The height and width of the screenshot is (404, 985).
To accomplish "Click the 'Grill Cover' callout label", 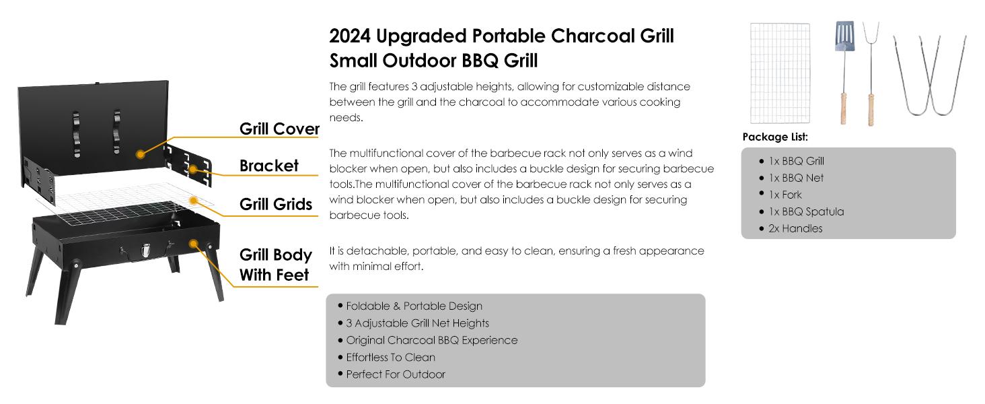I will [279, 129].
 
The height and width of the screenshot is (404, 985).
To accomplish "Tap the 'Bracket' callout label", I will [268, 166].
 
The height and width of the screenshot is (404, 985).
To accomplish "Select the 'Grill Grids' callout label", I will [276, 204].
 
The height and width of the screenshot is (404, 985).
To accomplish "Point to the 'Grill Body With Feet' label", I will [276, 265].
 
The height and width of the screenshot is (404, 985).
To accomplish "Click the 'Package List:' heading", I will [775, 137].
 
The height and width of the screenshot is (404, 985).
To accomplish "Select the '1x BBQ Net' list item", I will [796, 178].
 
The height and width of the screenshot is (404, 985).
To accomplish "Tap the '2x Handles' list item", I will [795, 228].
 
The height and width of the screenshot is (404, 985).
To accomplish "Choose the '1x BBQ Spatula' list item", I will [806, 211].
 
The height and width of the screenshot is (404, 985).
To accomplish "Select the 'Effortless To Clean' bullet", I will [390, 358].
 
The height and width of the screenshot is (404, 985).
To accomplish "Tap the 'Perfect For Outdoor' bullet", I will [396, 374].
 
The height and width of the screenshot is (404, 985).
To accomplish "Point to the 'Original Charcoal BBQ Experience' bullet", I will [432, 341].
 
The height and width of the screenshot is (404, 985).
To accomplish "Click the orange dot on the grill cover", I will [140, 154].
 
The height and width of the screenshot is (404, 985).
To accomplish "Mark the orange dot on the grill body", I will [194, 244].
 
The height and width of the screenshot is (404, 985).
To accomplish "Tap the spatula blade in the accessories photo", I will [844, 36].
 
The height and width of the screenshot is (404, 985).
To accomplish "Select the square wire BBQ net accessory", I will [780, 73].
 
